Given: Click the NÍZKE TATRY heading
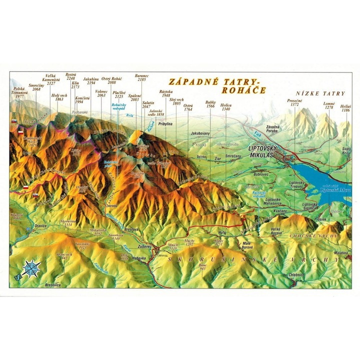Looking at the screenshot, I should (x=320, y=93).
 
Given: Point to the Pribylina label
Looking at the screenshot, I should (x=164, y=123).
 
